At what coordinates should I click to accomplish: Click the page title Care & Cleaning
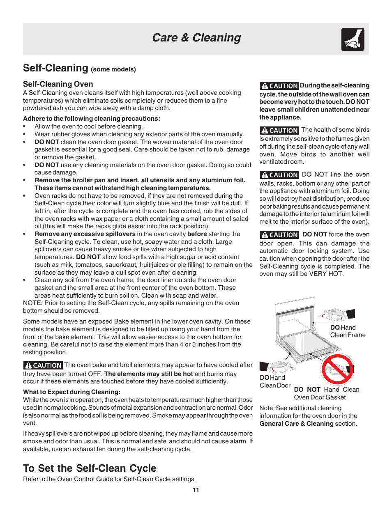pyautogui.click(x=196, y=38)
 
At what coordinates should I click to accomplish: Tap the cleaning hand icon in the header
pyautogui.click(x=353, y=40)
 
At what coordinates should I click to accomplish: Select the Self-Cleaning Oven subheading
pyautogui.click(x=58, y=84)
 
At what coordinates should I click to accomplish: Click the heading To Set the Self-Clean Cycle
pyautogui.click(x=90, y=468)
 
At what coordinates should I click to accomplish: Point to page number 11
pyautogui.click(x=196, y=490)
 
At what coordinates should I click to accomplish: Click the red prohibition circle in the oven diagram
pyautogui.click(x=338, y=369)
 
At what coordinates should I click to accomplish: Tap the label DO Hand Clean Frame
pyautogui.click(x=348, y=331)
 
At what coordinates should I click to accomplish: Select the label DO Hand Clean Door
pyautogui.click(x=274, y=381)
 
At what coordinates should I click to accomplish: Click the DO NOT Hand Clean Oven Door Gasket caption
pyautogui.click(x=326, y=393)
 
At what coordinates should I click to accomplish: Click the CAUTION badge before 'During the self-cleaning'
pyautogui.click(x=279, y=86)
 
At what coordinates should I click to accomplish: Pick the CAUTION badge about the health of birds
pyautogui.click(x=279, y=130)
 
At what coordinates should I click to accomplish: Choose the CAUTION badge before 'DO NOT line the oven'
pyautogui.click(x=279, y=175)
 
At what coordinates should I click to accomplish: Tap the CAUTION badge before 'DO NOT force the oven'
pyautogui.click(x=279, y=235)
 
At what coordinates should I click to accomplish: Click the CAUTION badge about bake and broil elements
pyautogui.click(x=43, y=365)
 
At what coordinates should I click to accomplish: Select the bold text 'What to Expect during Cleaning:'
pyautogui.click(x=71, y=392)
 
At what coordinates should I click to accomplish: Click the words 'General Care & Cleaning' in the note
pyautogui.click(x=296, y=424)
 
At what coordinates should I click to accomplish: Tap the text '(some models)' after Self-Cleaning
pyautogui.click(x=113, y=69)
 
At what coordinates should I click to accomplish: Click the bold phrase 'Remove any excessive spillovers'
pyautogui.click(x=85, y=234)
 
